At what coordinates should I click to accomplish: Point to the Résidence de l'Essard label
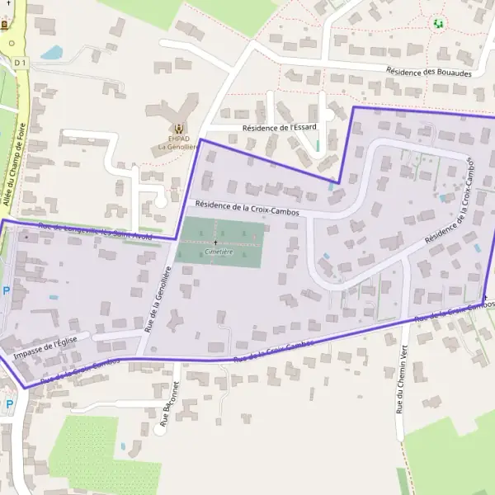[279, 129]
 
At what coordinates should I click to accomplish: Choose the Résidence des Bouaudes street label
[429, 72]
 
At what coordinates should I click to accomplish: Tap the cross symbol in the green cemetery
[216, 242]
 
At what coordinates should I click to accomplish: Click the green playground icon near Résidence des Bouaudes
[438, 24]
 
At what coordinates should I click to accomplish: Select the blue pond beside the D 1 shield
[51, 53]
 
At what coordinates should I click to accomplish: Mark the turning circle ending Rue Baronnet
[159, 429]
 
